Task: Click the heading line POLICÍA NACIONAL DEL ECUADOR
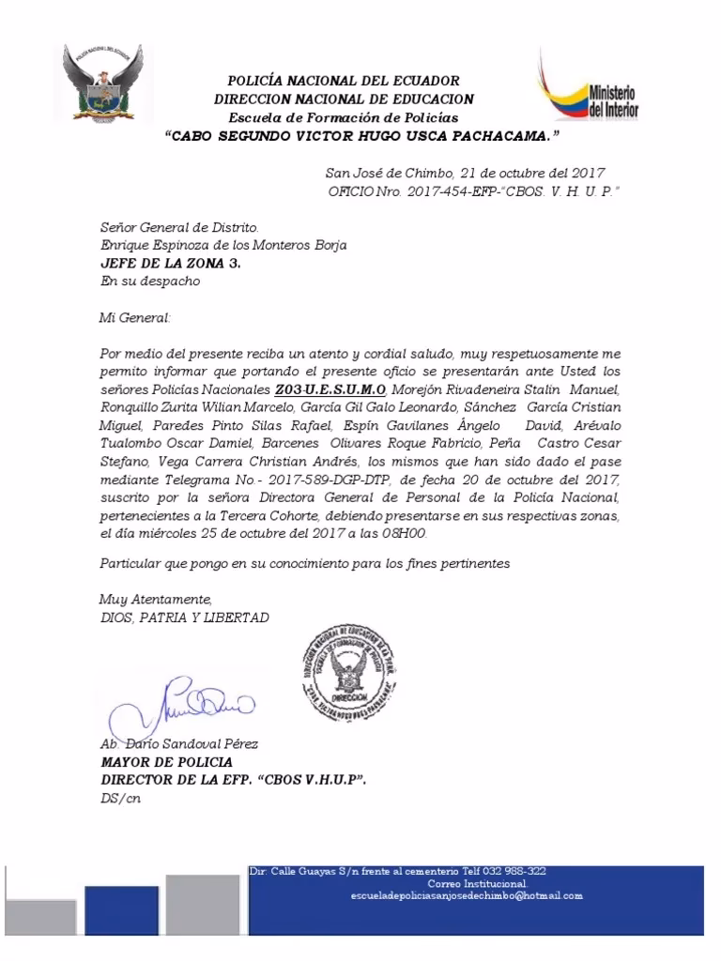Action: click(345, 82)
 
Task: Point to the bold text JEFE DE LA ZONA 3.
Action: click(170, 263)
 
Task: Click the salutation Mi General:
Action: click(135, 318)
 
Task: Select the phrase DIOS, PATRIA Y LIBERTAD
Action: click(184, 618)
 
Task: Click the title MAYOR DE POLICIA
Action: click(166, 762)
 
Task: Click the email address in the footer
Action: click(466, 895)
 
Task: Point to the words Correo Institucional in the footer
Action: click(478, 883)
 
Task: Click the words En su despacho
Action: click(149, 281)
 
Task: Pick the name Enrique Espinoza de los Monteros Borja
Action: click(223, 245)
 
